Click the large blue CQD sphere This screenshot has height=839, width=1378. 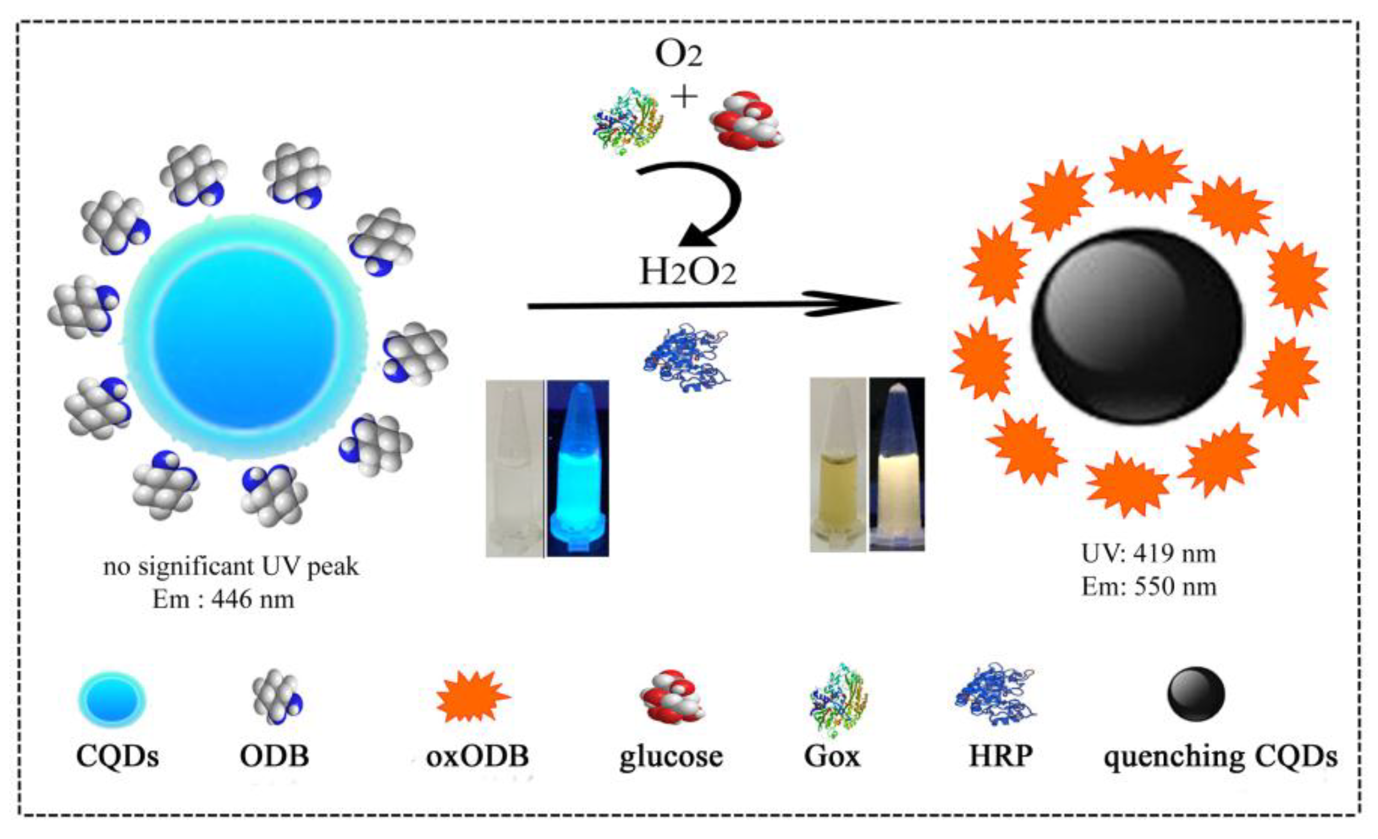click(245, 337)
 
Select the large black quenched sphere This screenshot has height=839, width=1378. click(1138, 326)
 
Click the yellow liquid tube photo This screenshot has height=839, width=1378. click(837, 464)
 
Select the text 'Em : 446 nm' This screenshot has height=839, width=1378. click(223, 600)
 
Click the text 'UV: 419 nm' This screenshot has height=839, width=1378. click(1149, 554)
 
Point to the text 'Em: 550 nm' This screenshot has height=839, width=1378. click(1149, 587)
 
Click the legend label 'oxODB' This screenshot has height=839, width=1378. click(477, 756)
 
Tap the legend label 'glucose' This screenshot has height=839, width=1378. click(671, 756)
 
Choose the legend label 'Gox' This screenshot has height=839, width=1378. click(831, 756)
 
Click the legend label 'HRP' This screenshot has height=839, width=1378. click(1001, 756)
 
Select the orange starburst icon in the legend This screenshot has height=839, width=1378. click(473, 696)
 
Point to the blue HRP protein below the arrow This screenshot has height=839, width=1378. click(687, 358)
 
